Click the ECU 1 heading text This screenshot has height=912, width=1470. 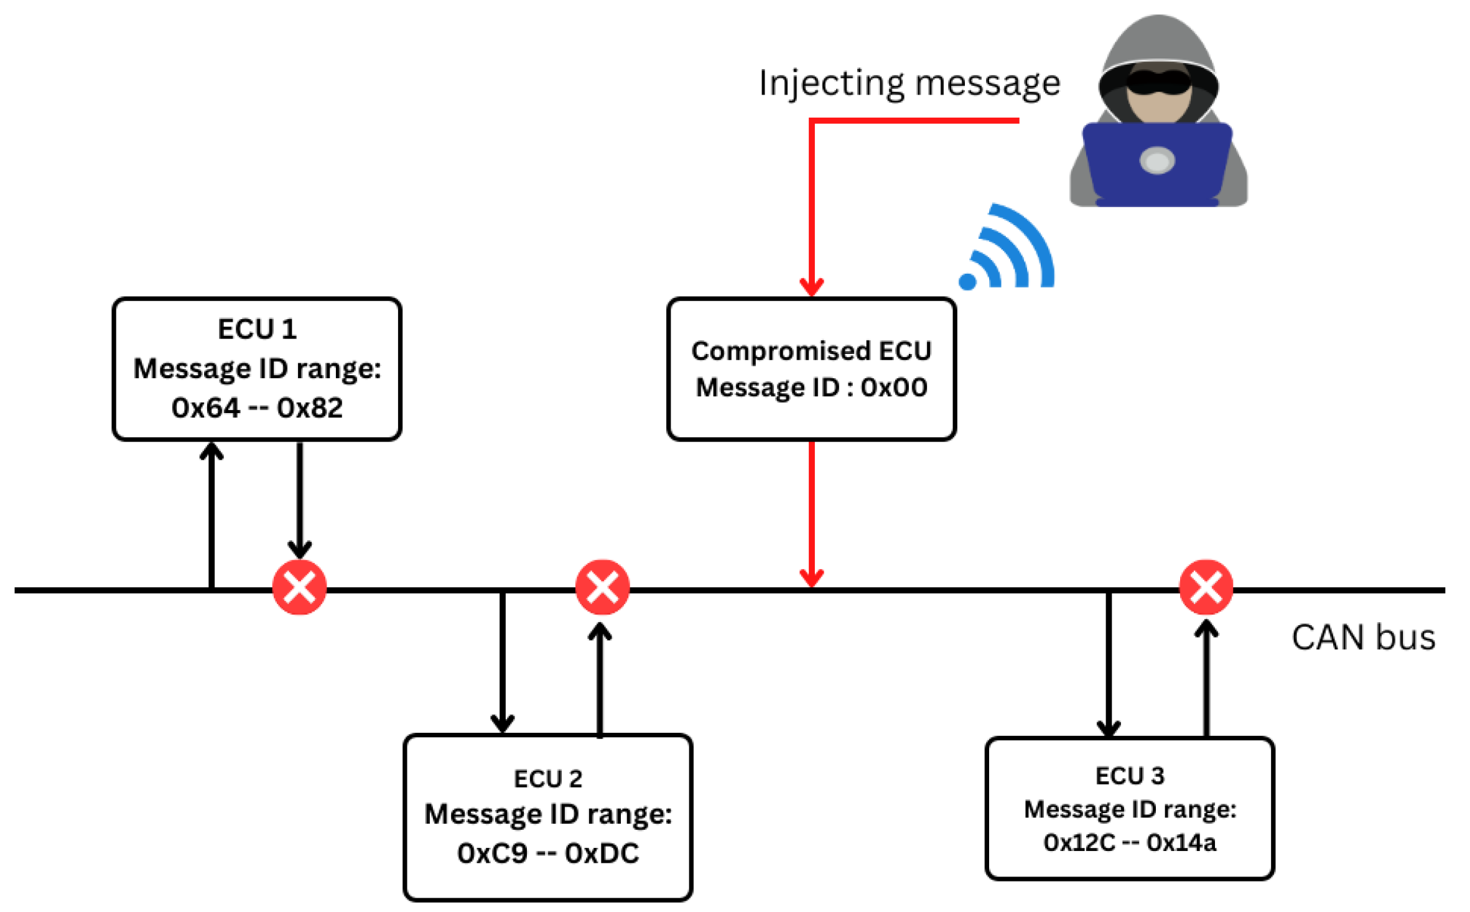pyautogui.click(x=257, y=329)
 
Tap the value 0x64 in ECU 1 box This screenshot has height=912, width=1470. pyautogui.click(x=205, y=408)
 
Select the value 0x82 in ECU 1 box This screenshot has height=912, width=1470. pyautogui.click(x=310, y=408)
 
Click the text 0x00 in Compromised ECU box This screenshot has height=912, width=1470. pyautogui.click(x=894, y=388)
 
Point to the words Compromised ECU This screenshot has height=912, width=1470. pyautogui.click(x=811, y=351)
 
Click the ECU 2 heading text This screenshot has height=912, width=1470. pyautogui.click(x=547, y=779)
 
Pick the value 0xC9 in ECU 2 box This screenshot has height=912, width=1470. pyautogui.click(x=492, y=854)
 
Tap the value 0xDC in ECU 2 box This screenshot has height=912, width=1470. pyautogui.click(x=602, y=854)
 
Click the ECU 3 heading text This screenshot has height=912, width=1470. pyautogui.click(x=1130, y=776)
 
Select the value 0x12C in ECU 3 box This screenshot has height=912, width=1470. pyautogui.click(x=1079, y=843)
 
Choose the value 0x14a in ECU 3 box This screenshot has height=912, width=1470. pyautogui.click(x=1181, y=843)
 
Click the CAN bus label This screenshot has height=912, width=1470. pyautogui.click(x=1363, y=638)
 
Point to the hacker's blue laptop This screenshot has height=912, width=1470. pyautogui.click(x=1157, y=162)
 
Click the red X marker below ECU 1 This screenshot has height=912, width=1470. pyautogui.click(x=299, y=587)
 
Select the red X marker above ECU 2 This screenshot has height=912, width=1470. pyautogui.click(x=602, y=587)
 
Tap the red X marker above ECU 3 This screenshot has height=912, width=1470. pyautogui.click(x=1206, y=587)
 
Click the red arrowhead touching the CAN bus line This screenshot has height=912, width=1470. pyautogui.click(x=811, y=578)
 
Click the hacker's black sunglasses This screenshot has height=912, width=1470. pyautogui.click(x=1158, y=82)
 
